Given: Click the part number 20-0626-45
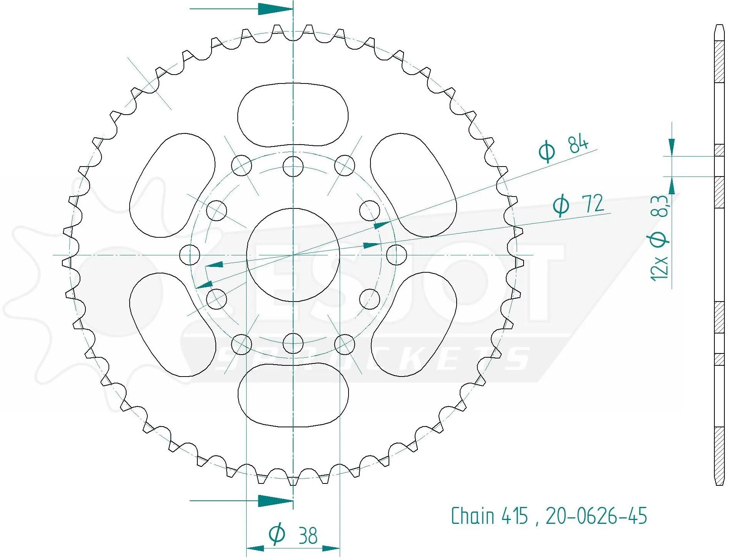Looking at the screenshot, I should click(596, 516).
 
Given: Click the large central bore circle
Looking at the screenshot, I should click(293, 255).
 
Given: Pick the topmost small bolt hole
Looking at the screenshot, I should click(293, 166).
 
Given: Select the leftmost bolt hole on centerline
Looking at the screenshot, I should click(190, 255).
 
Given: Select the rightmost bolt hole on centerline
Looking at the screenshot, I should click(396, 255).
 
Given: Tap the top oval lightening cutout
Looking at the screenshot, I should click(293, 115).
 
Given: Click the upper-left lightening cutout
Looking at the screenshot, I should click(172, 185).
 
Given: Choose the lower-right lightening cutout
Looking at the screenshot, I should click(414, 324).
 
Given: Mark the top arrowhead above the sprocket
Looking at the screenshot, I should click(275, 9).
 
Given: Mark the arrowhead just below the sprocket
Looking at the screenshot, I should click(275, 501).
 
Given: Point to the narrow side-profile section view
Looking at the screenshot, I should click(719, 255).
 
